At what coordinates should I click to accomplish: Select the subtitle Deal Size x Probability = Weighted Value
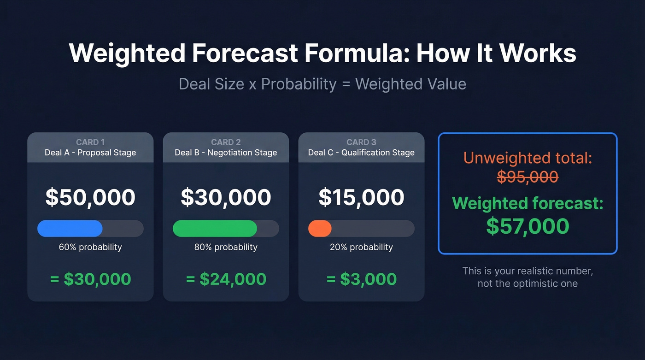[322, 84]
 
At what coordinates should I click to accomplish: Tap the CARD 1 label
[90, 142]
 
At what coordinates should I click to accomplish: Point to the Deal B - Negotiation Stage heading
[226, 153]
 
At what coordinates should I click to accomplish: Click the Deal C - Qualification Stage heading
[361, 153]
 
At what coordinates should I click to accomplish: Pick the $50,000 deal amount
[90, 197]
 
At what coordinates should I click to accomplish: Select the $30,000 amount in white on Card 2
[226, 197]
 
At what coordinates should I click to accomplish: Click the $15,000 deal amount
[361, 197]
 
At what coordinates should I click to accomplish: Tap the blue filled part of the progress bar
[70, 229]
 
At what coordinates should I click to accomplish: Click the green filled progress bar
[215, 229]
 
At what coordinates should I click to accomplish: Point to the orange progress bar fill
[320, 229]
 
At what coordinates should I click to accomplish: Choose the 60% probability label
[90, 247]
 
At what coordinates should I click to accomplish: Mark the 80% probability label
[226, 247]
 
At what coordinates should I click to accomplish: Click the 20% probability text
[361, 247]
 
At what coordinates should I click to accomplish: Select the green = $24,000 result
[226, 279]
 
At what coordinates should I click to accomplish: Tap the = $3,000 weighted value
[361, 279]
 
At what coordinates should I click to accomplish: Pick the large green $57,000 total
[528, 226]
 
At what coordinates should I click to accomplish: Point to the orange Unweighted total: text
[528, 158]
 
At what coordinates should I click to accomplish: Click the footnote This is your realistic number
[528, 271]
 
